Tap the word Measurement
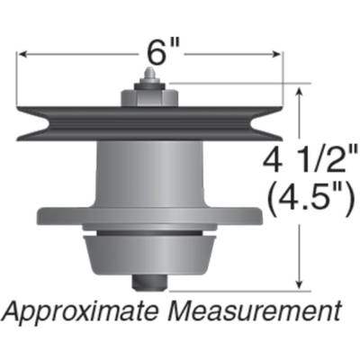[261, 312]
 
